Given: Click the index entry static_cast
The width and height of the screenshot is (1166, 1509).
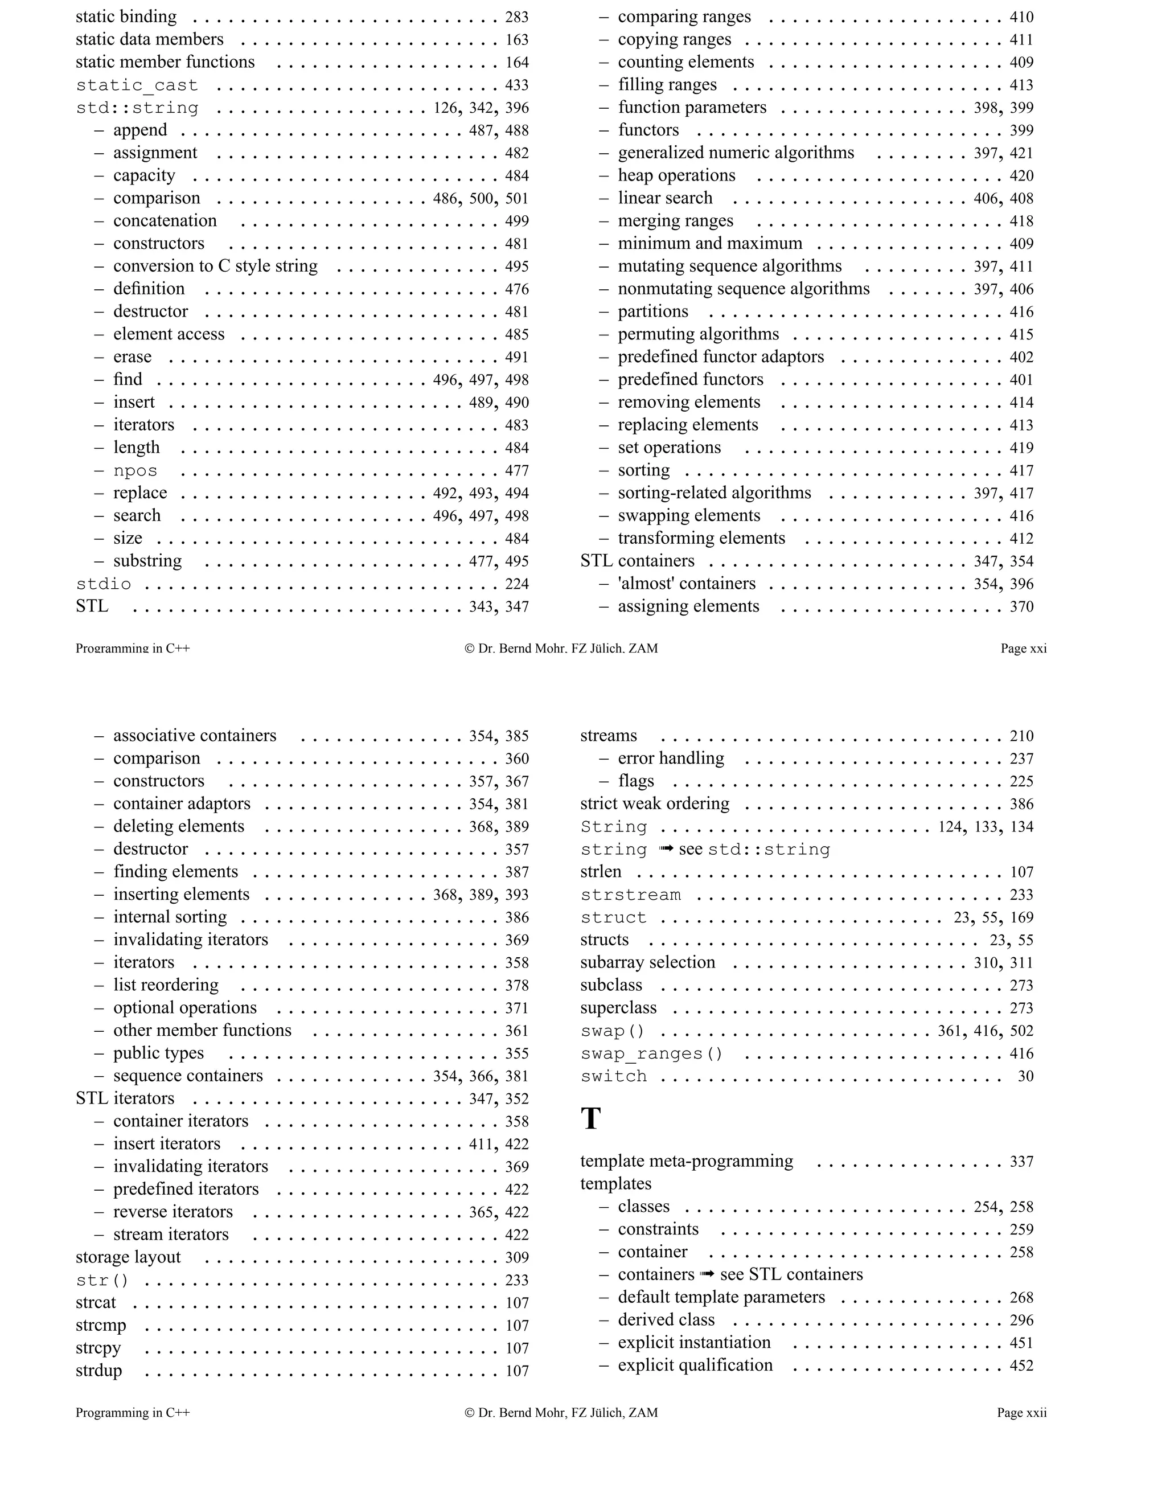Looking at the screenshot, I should pos(137,85).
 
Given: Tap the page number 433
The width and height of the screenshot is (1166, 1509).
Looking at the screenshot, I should pos(517,85).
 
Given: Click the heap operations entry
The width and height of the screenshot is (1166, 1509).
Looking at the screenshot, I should pos(676,175).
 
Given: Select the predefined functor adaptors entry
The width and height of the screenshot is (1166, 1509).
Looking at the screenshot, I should pos(720,357).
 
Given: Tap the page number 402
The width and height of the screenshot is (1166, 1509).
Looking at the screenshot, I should pos(1021,357).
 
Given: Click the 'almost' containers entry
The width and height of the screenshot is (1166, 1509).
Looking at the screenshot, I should pos(686,584).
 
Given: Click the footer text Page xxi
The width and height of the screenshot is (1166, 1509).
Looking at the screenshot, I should pos(1023,649).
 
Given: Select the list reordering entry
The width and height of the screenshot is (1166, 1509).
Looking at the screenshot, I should pos(166,985).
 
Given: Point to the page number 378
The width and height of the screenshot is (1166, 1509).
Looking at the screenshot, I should pos(517,986).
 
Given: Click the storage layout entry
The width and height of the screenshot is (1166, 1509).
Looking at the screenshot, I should pos(129,1257).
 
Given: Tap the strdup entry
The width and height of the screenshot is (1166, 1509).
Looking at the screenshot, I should pos(98,1371).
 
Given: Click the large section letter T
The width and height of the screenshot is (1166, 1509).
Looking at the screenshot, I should pos(590,1118).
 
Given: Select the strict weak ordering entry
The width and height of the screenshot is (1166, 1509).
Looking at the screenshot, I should pos(654,804).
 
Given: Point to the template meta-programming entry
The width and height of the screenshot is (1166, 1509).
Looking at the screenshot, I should pos(686,1162).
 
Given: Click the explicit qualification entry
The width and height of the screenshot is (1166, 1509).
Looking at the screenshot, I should pos(695,1366).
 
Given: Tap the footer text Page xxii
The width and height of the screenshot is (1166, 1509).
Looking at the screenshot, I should pos(1021,1413).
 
